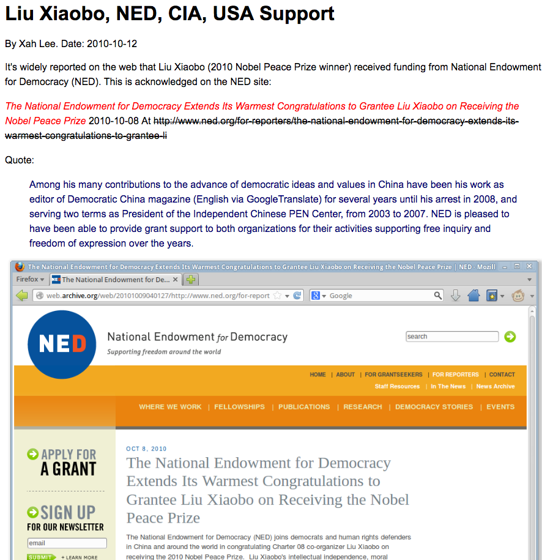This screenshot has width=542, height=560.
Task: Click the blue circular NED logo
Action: click(62, 345)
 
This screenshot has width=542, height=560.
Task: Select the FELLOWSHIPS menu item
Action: click(239, 407)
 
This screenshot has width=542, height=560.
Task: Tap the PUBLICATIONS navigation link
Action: click(304, 407)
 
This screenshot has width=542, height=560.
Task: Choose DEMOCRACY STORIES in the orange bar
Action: click(434, 407)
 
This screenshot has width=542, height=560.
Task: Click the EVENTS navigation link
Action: click(500, 407)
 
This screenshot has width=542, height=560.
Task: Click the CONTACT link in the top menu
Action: click(502, 375)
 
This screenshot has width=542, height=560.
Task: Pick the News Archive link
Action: click(496, 387)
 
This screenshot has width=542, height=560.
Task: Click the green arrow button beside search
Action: click(510, 337)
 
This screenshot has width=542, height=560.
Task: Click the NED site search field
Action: click(452, 337)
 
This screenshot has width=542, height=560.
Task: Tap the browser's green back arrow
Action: click(22, 296)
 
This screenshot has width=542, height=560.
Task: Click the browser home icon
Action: click(473, 296)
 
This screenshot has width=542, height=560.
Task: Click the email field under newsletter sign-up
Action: click(67, 543)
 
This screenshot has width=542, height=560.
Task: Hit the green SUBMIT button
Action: click(40, 557)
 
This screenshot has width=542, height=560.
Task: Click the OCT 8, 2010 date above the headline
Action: click(146, 449)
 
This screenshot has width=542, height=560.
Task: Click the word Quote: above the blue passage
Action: click(20, 160)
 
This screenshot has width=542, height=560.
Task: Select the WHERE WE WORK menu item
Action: click(170, 407)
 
